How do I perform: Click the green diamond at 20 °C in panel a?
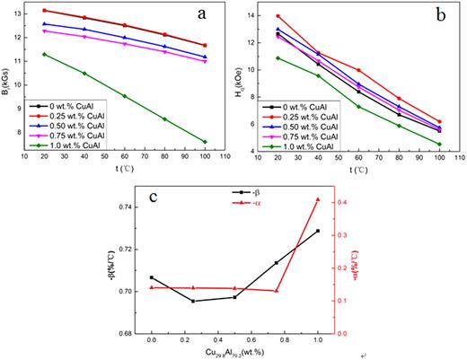(45, 54)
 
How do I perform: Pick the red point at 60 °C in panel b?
(358, 70)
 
